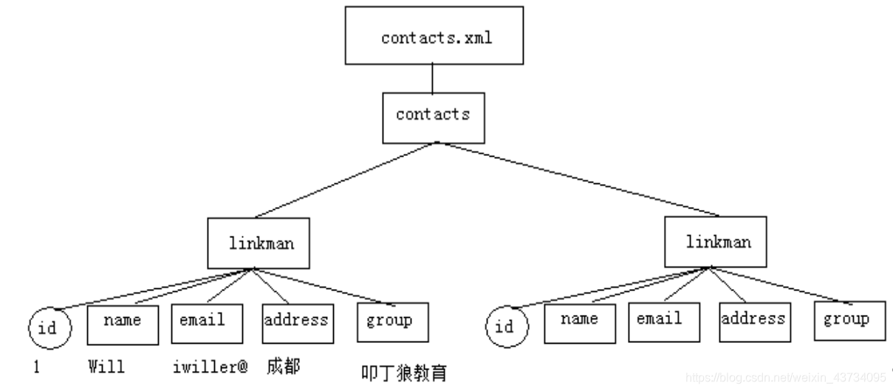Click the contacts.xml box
coord(437,35)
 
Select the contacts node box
coord(434,115)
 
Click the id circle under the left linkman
coord(51,327)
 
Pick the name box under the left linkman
coord(123,324)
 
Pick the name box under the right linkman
coord(579,322)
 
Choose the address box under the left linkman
coord(295,324)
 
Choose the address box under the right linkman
coord(753,322)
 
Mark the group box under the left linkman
coord(389,324)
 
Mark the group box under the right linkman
coord(848,321)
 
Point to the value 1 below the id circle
coord(36,366)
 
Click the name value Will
coord(107,366)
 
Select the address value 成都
coord(284,367)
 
